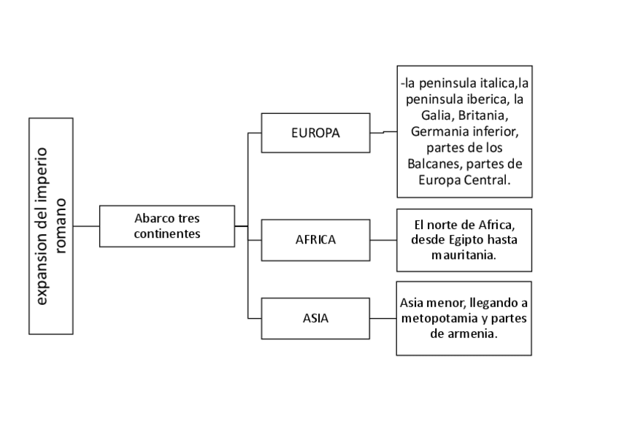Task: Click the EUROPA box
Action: [x=315, y=133]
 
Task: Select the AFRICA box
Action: [x=315, y=239]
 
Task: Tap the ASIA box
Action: [x=315, y=318]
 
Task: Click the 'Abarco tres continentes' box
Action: [x=166, y=226]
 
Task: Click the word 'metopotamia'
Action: [x=437, y=318]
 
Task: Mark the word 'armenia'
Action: [x=475, y=333]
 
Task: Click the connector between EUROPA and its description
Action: [x=383, y=133]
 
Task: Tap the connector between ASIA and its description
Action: [x=383, y=318]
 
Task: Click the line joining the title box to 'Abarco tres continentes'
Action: [x=86, y=226]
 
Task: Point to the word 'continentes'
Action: [x=166, y=234]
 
